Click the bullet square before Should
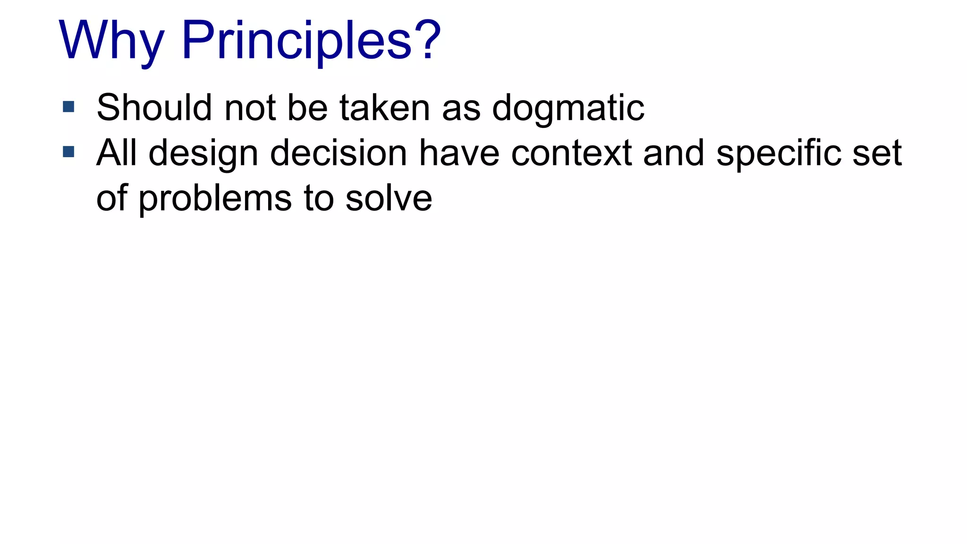68,107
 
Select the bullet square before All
68,152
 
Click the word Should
154,108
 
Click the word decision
338,153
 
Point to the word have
459,153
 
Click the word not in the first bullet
250,108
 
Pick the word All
117,153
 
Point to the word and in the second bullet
674,153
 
